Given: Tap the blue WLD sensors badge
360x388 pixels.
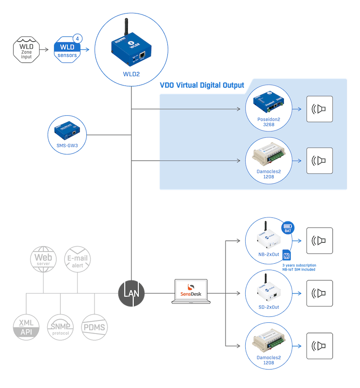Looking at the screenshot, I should click(x=67, y=50).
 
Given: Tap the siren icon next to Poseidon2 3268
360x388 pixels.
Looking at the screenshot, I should click(x=319, y=109).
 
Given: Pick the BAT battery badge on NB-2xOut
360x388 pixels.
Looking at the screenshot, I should click(x=288, y=228).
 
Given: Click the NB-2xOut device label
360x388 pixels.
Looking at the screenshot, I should click(x=269, y=255).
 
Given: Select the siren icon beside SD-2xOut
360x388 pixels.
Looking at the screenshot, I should click(x=319, y=293).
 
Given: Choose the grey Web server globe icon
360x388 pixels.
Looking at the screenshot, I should click(x=43, y=260).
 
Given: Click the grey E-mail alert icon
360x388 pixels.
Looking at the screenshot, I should click(x=77, y=260).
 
